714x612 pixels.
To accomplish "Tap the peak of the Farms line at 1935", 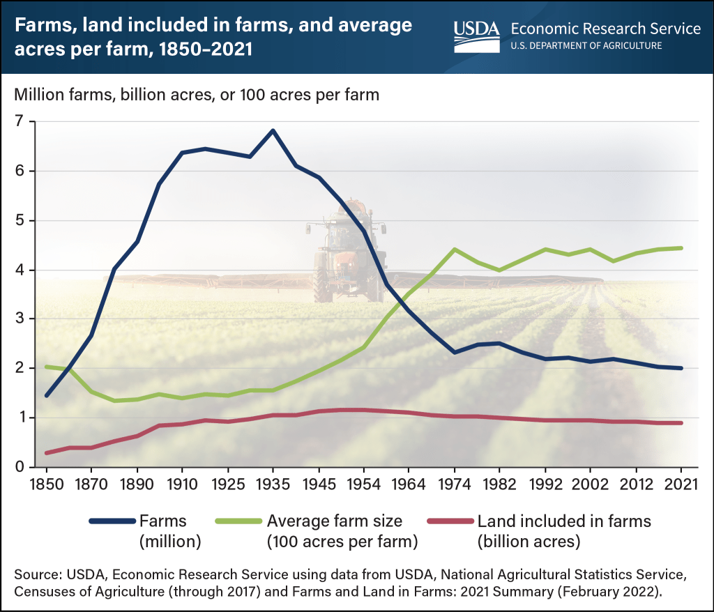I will tap(273, 130).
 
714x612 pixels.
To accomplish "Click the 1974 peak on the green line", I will tap(455, 249).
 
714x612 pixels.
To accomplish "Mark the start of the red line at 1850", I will tap(47, 453).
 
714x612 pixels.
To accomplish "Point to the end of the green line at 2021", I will tap(681, 247).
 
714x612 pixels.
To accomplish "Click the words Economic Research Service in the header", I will tap(606, 29).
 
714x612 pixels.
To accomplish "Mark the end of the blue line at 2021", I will tap(681, 368).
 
